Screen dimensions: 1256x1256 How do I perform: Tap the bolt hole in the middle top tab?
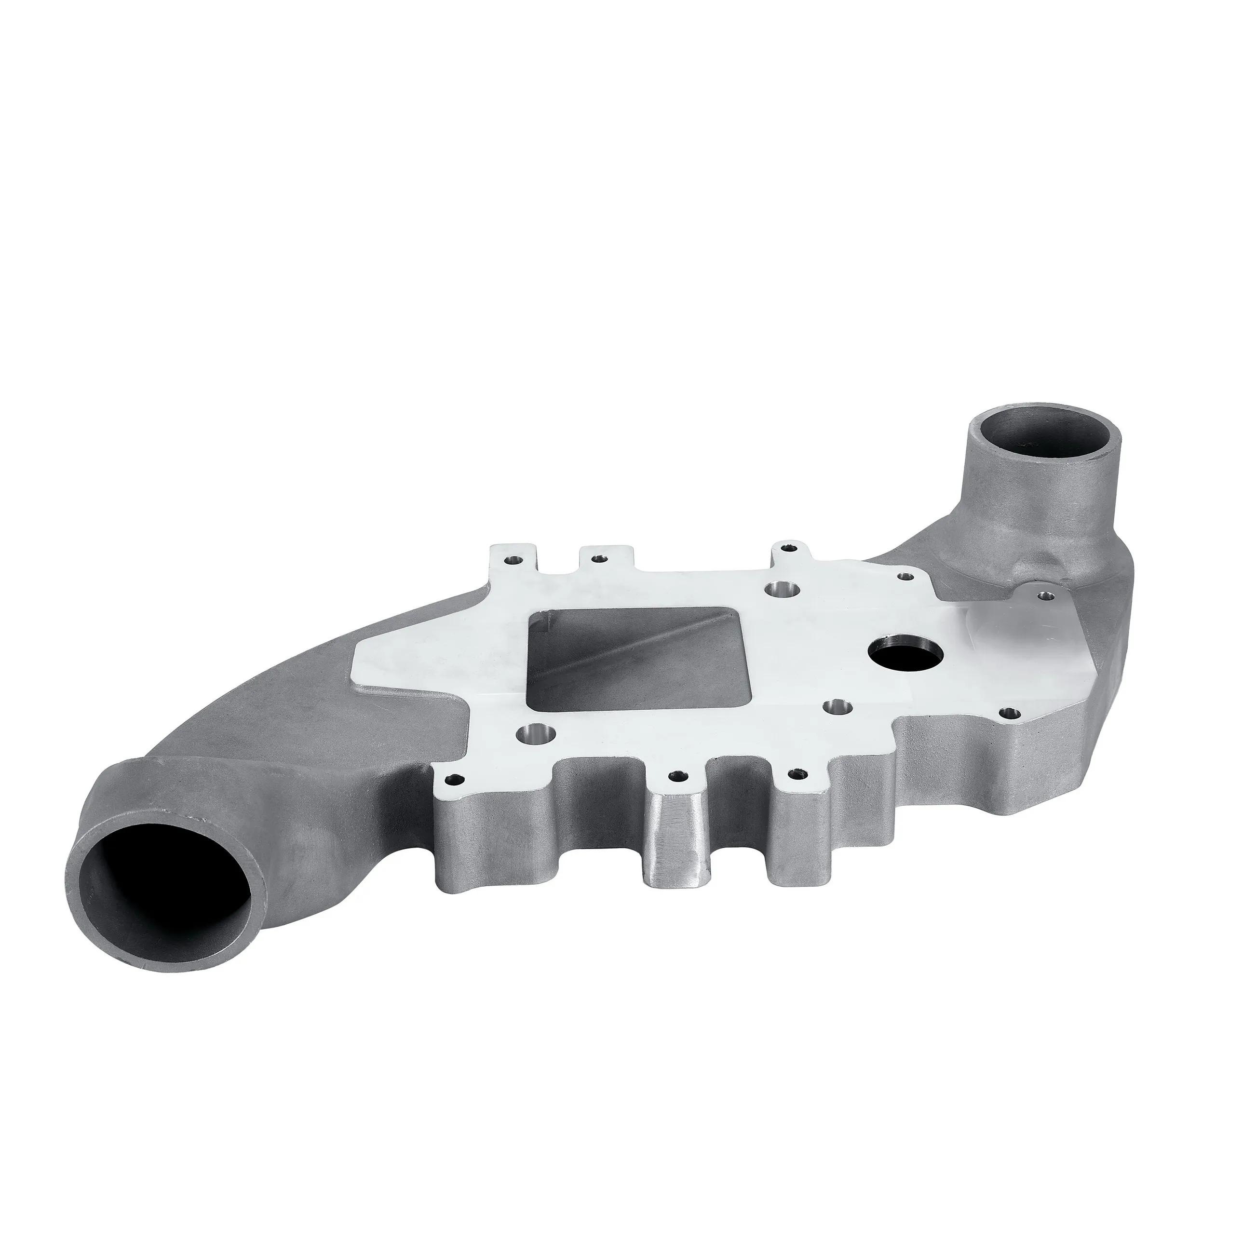(597, 558)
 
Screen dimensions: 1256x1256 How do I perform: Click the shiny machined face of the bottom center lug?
(676, 845)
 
